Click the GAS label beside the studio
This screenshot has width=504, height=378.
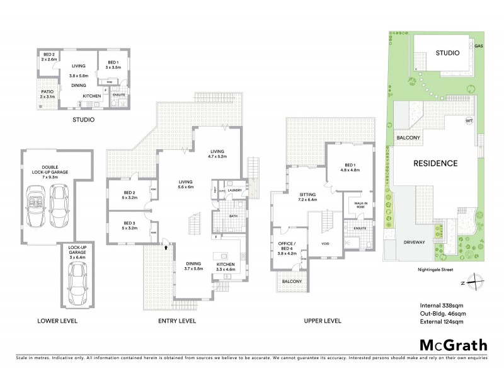tap(479, 46)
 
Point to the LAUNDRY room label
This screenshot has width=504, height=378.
tap(235, 190)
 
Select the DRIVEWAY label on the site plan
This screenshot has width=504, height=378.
tap(416, 241)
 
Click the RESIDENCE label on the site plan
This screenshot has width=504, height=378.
tap(435, 163)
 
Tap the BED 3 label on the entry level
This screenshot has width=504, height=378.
tap(129, 225)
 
